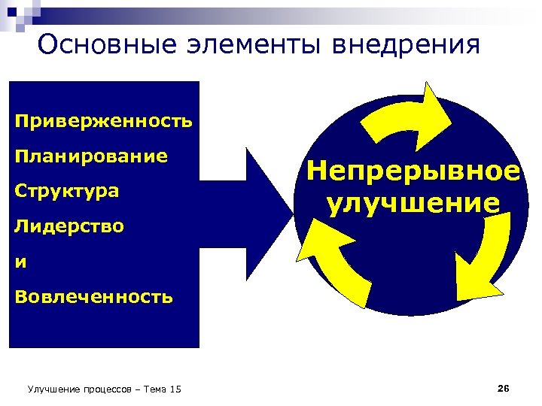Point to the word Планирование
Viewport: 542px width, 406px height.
(x=91, y=156)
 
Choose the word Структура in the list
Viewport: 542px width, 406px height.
(x=67, y=191)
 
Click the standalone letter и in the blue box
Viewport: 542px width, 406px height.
(x=20, y=262)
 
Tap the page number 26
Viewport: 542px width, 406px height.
(x=504, y=388)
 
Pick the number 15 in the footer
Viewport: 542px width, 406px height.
(x=175, y=389)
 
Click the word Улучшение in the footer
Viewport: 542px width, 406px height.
(x=50, y=389)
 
